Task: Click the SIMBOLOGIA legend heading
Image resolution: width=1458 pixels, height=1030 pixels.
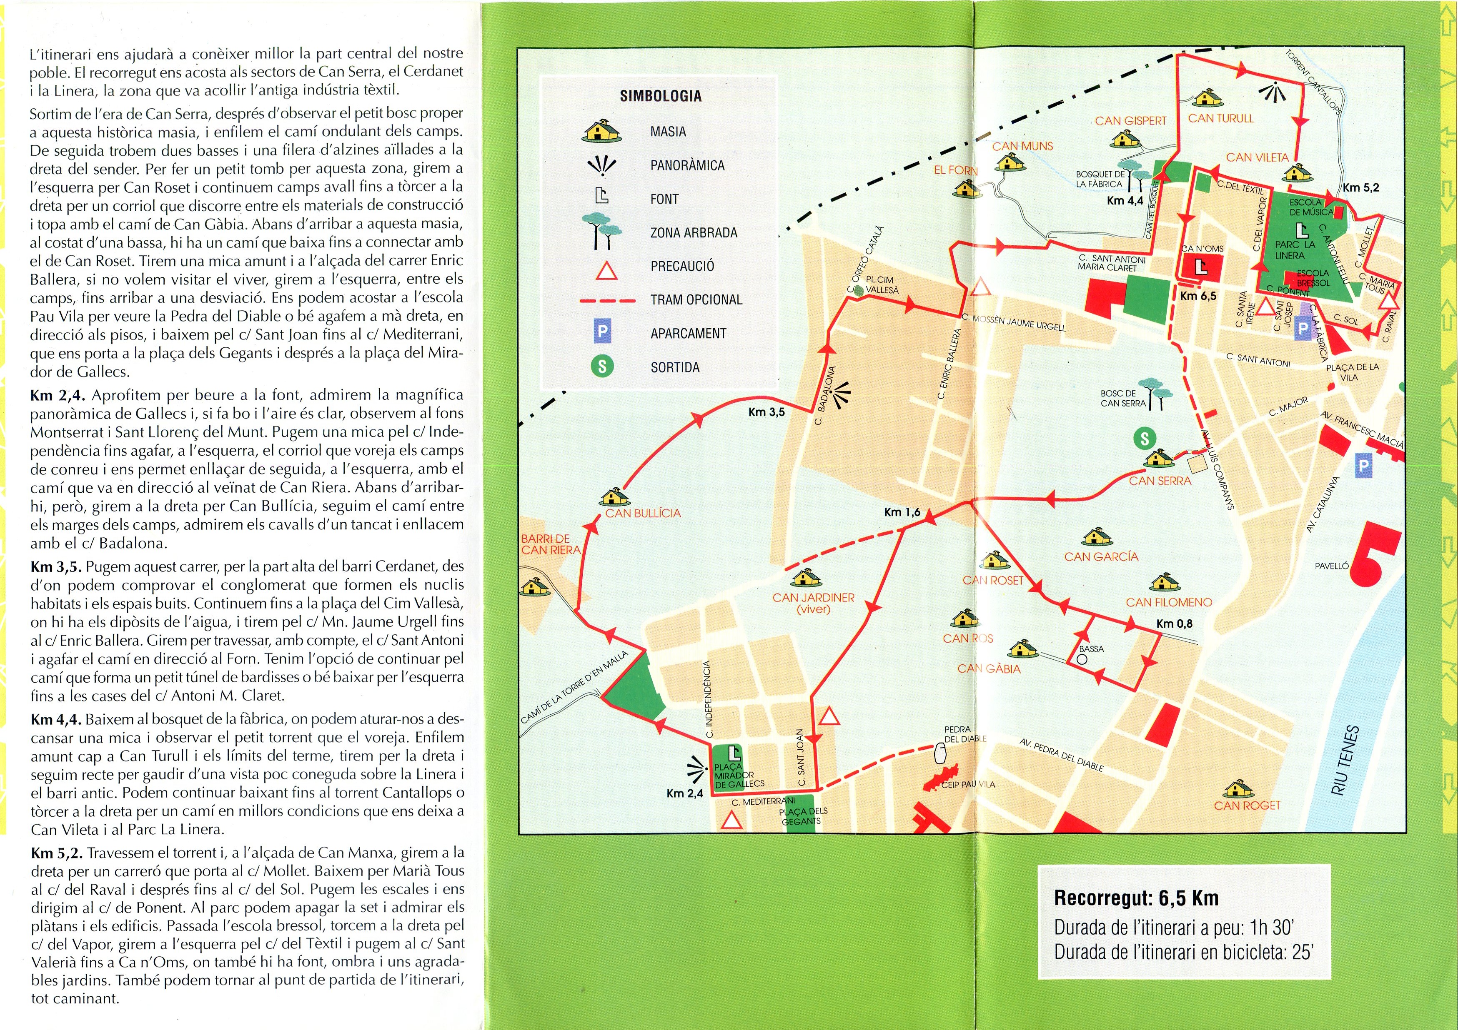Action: click(660, 97)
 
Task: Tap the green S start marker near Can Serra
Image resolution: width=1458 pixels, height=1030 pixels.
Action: click(1144, 437)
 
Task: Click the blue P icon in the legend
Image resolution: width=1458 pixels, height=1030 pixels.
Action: click(602, 332)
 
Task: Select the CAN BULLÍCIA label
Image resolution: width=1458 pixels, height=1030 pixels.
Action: click(643, 513)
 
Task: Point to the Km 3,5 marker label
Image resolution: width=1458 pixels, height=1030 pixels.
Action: click(767, 412)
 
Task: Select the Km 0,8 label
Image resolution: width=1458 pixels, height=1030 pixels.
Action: click(1174, 623)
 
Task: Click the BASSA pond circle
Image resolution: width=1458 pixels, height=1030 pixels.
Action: click(1082, 659)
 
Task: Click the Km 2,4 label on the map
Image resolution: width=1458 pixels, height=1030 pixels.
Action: click(684, 793)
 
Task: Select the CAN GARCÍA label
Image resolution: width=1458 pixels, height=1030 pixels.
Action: click(1101, 556)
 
